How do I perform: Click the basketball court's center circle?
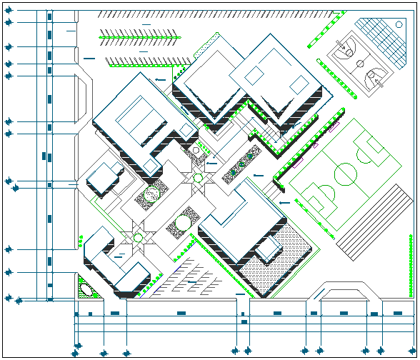click(x=358, y=62)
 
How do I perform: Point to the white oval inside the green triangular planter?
click(x=86, y=289)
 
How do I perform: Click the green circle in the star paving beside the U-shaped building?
click(x=138, y=236)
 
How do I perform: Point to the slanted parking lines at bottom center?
click(x=189, y=282)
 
